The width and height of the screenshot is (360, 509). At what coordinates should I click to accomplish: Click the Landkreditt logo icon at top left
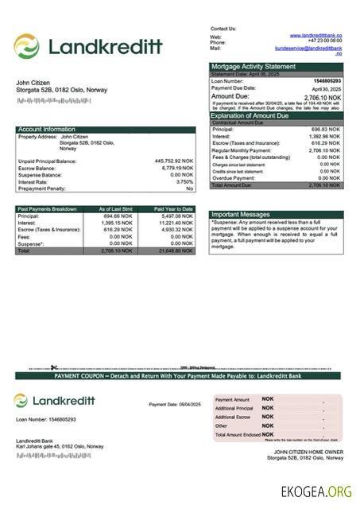click(x=26, y=46)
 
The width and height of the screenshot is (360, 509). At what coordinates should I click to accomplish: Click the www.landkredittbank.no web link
click(x=315, y=36)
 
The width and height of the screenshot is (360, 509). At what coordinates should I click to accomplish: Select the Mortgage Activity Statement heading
click(x=253, y=66)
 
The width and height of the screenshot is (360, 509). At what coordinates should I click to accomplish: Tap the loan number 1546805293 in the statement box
click(x=327, y=81)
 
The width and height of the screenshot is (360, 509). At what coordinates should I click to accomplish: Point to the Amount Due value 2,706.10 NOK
click(x=323, y=97)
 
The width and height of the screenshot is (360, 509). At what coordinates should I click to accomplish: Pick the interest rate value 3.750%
click(x=182, y=181)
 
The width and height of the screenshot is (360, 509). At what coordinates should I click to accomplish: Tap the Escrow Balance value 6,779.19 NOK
click(x=177, y=168)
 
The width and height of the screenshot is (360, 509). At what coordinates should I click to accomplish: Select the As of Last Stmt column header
click(x=115, y=208)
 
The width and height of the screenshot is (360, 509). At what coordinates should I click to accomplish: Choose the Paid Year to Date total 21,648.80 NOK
click(x=175, y=251)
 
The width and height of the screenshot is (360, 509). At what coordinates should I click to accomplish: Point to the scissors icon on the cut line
click(x=53, y=367)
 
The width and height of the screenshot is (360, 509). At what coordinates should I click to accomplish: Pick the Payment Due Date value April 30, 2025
click(x=325, y=88)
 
